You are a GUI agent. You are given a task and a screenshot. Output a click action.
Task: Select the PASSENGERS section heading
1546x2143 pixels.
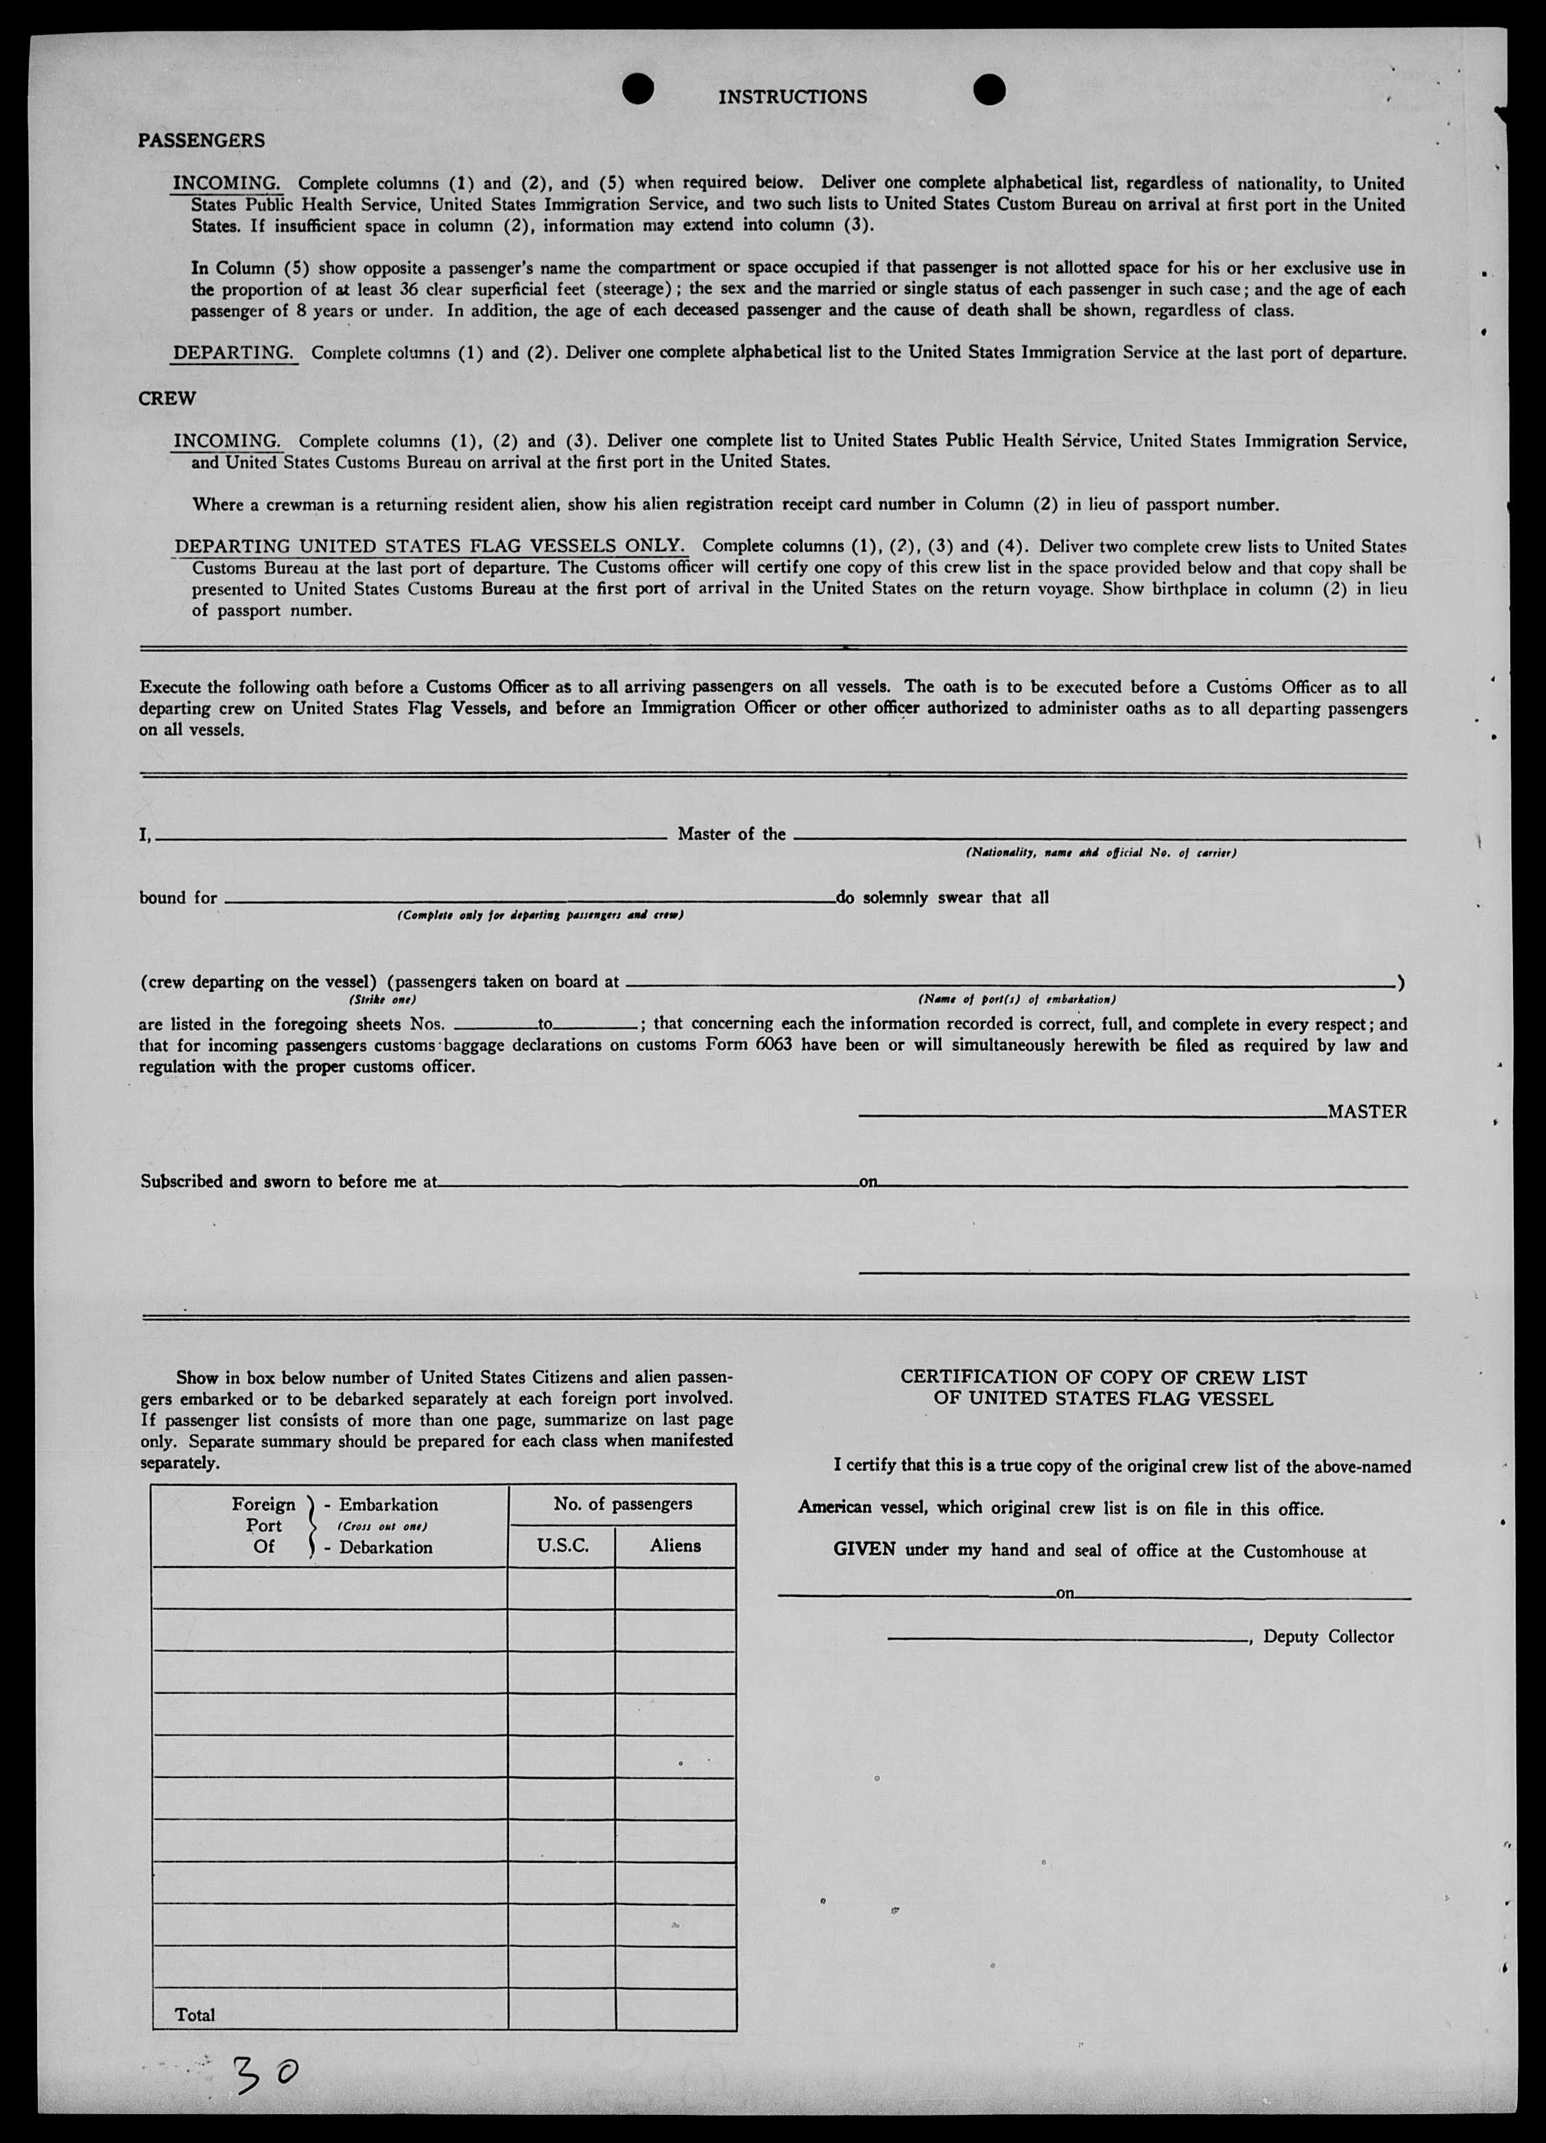pyautogui.click(x=201, y=141)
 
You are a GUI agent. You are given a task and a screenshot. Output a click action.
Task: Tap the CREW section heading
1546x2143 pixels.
pyautogui.click(x=167, y=399)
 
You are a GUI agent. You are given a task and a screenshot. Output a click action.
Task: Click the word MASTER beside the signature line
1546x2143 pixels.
pyautogui.click(x=1366, y=1112)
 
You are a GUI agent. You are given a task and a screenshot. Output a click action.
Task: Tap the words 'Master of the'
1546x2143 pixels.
pyautogui.click(x=731, y=834)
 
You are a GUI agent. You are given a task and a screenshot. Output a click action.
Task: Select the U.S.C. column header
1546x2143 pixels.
pyautogui.click(x=562, y=1546)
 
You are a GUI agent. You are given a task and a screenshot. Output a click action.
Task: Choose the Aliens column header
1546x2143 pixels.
pyautogui.click(x=675, y=1546)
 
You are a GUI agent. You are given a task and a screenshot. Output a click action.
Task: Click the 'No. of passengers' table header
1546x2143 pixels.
pyautogui.click(x=622, y=1503)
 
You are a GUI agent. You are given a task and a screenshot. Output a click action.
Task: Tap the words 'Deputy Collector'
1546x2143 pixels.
pyautogui.click(x=1328, y=1637)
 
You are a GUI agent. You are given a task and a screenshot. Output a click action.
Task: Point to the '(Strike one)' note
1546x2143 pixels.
pyautogui.click(x=383, y=999)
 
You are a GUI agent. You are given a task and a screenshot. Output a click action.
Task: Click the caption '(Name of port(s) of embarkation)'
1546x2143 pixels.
pyautogui.click(x=1016, y=999)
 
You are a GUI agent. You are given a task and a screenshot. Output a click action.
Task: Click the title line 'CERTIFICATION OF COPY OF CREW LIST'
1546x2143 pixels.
pyautogui.click(x=1103, y=1377)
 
